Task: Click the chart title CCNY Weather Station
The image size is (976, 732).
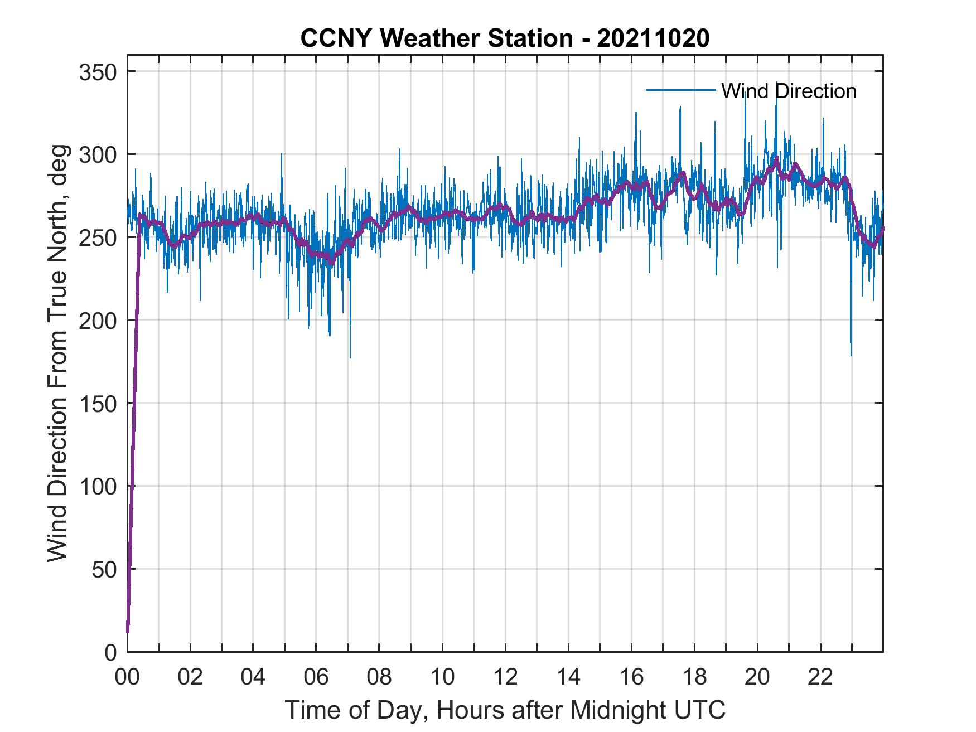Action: pos(504,38)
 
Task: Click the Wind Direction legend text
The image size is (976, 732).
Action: pos(789,91)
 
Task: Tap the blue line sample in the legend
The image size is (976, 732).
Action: pos(680,90)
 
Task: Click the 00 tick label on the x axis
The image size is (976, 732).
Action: pos(127,677)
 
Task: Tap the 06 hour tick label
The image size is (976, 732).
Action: pos(316,677)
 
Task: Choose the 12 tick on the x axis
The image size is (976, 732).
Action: pos(505,677)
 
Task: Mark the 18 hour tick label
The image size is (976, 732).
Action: pos(694,677)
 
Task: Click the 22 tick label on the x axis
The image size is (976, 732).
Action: pos(820,677)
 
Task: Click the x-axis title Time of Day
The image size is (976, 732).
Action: pos(505,710)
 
